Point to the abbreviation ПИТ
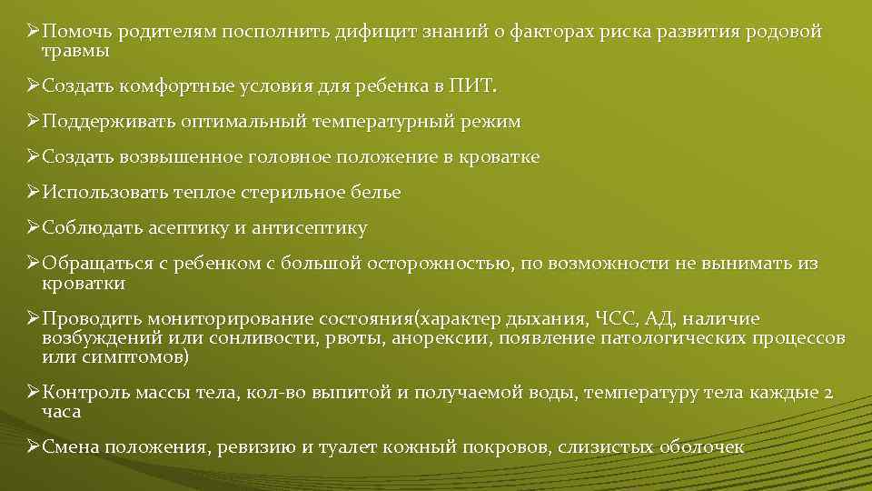(478, 86)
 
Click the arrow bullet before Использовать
(33, 193)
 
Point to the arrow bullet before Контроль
(33, 394)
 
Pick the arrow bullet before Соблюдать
(33, 228)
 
